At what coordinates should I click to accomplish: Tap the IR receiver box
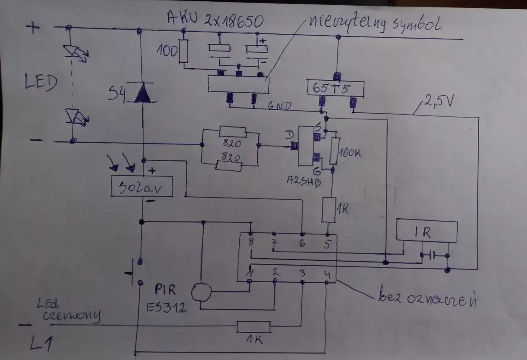426,232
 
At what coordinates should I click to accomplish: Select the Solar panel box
141,187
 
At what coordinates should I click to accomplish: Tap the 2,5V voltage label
439,102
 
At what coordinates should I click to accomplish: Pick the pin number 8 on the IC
251,242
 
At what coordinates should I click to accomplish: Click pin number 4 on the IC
326,274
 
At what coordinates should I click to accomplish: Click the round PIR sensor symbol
201,292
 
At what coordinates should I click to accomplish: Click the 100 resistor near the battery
184,52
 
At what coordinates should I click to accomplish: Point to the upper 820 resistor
232,131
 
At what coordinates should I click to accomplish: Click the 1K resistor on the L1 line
253,327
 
